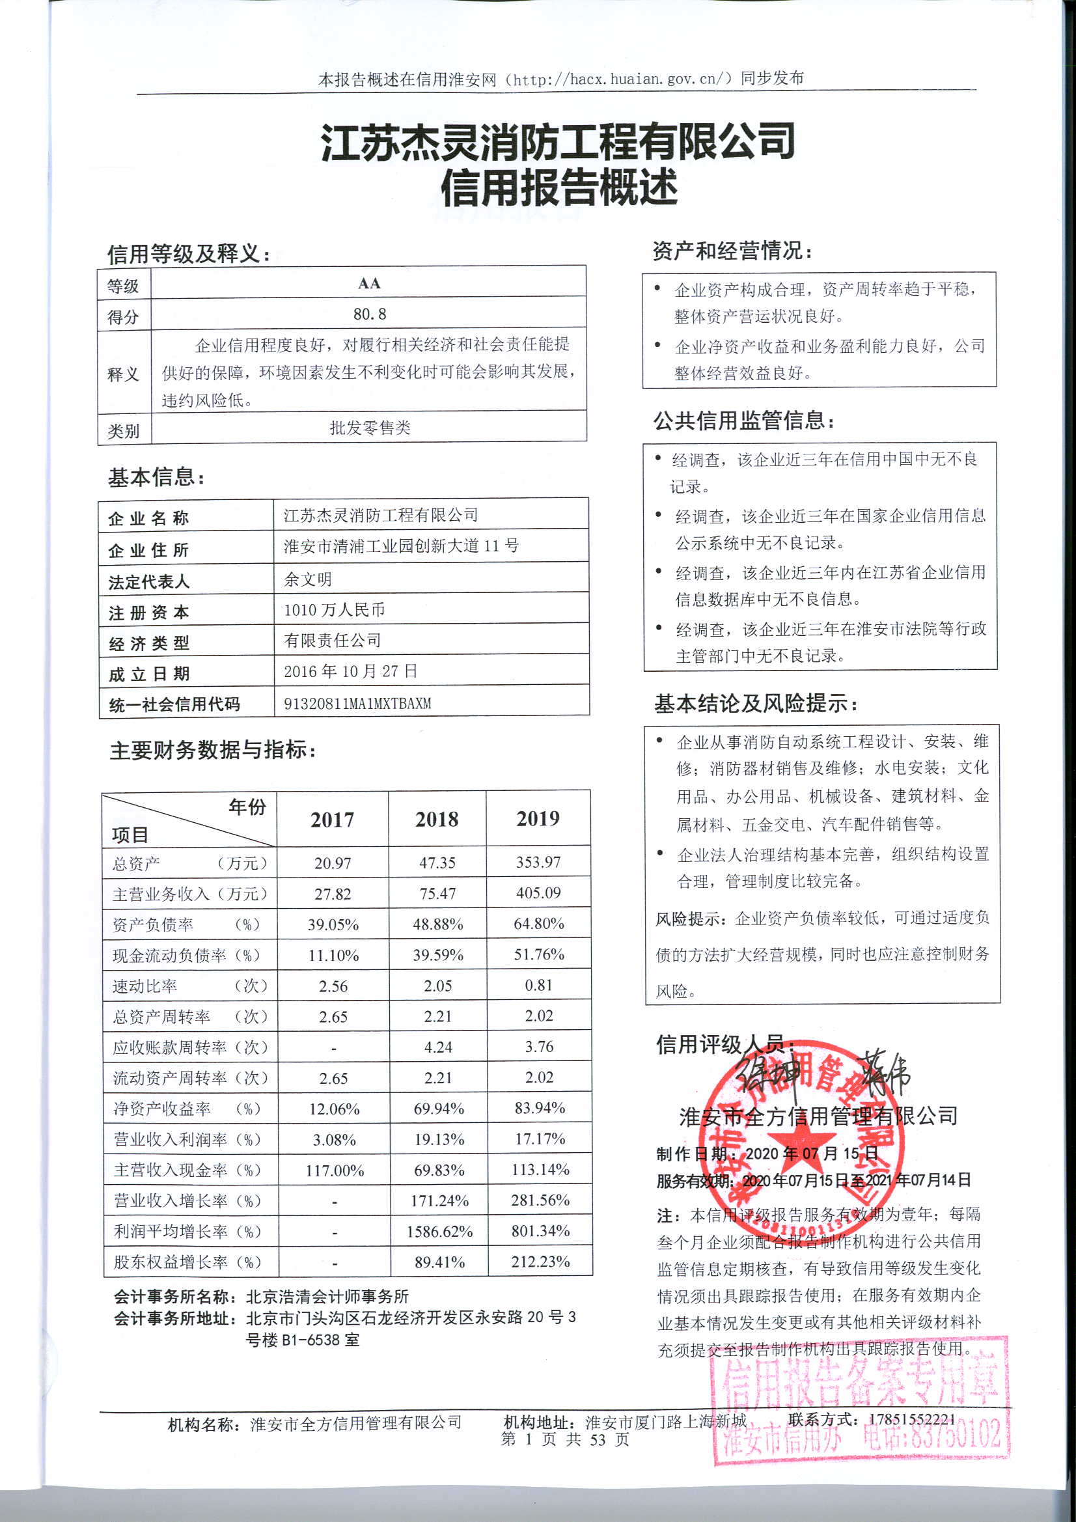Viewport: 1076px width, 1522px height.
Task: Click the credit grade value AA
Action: coord(368,284)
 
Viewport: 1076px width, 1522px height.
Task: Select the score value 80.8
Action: coord(369,314)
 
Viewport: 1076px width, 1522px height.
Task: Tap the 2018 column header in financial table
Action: coord(437,820)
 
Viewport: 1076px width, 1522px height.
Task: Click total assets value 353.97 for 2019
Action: coord(538,862)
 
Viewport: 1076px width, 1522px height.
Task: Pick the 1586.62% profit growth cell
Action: coord(439,1232)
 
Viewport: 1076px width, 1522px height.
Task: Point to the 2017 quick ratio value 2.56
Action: coord(333,986)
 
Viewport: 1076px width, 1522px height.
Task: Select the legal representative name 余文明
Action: coord(308,579)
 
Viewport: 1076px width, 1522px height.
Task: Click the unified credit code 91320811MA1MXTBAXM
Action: coord(357,702)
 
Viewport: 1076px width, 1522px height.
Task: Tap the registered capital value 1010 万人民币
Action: coord(334,610)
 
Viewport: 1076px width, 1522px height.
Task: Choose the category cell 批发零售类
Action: coord(370,428)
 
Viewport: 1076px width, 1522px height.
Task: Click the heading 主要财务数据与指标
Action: coord(212,750)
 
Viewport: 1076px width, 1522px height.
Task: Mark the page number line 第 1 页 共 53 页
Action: coord(565,1439)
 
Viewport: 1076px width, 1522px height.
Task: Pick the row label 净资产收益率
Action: coord(162,1109)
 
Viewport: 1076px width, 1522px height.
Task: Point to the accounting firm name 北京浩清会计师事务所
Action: coord(327,1297)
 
